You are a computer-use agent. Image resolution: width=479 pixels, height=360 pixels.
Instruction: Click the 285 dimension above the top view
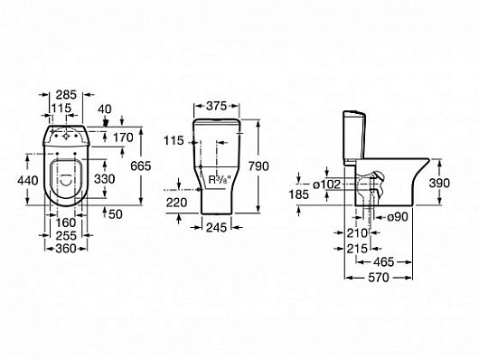tap(66, 95)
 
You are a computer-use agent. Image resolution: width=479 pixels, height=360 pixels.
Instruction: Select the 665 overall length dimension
tap(141, 166)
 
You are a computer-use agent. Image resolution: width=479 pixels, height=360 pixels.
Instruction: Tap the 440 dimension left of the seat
tap(28, 181)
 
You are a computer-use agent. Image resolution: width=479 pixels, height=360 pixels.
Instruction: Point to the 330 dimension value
tap(105, 179)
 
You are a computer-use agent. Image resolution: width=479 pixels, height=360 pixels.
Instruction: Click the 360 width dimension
tap(66, 249)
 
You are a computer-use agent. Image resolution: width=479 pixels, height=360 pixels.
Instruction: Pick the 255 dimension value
tap(66, 235)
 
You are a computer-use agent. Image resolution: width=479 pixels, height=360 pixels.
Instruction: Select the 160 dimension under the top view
tap(66, 223)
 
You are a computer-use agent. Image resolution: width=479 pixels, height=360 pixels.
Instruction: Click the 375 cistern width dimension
tap(217, 106)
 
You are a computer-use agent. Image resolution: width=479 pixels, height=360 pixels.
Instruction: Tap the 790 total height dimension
tap(258, 166)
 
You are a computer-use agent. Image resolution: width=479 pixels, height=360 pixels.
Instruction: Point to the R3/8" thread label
tap(220, 179)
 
